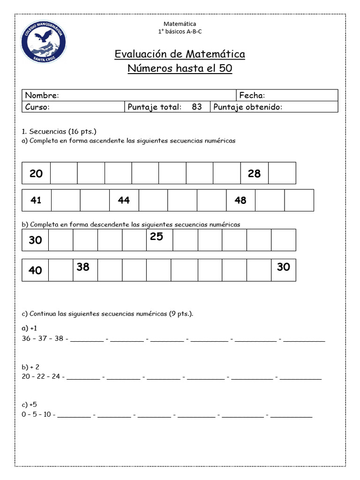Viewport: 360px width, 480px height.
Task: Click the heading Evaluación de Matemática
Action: (x=180, y=54)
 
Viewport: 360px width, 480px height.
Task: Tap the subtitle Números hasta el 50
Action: (x=180, y=69)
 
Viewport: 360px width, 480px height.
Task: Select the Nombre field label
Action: (x=42, y=96)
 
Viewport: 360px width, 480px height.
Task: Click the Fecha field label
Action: (x=252, y=96)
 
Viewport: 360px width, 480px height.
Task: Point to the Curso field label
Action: (x=37, y=107)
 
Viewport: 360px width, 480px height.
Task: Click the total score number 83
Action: (x=197, y=107)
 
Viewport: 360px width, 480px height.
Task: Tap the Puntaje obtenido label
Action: (x=247, y=107)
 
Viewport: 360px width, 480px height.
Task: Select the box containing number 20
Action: (x=36, y=173)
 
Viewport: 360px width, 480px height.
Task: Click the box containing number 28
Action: (x=254, y=173)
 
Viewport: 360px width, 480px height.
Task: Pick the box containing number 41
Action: (x=36, y=200)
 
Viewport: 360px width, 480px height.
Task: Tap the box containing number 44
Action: (x=124, y=200)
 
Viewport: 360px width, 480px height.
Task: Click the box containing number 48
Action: (x=240, y=200)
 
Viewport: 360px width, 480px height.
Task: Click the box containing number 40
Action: (x=35, y=270)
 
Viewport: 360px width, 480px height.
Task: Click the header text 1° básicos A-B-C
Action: (x=180, y=31)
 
